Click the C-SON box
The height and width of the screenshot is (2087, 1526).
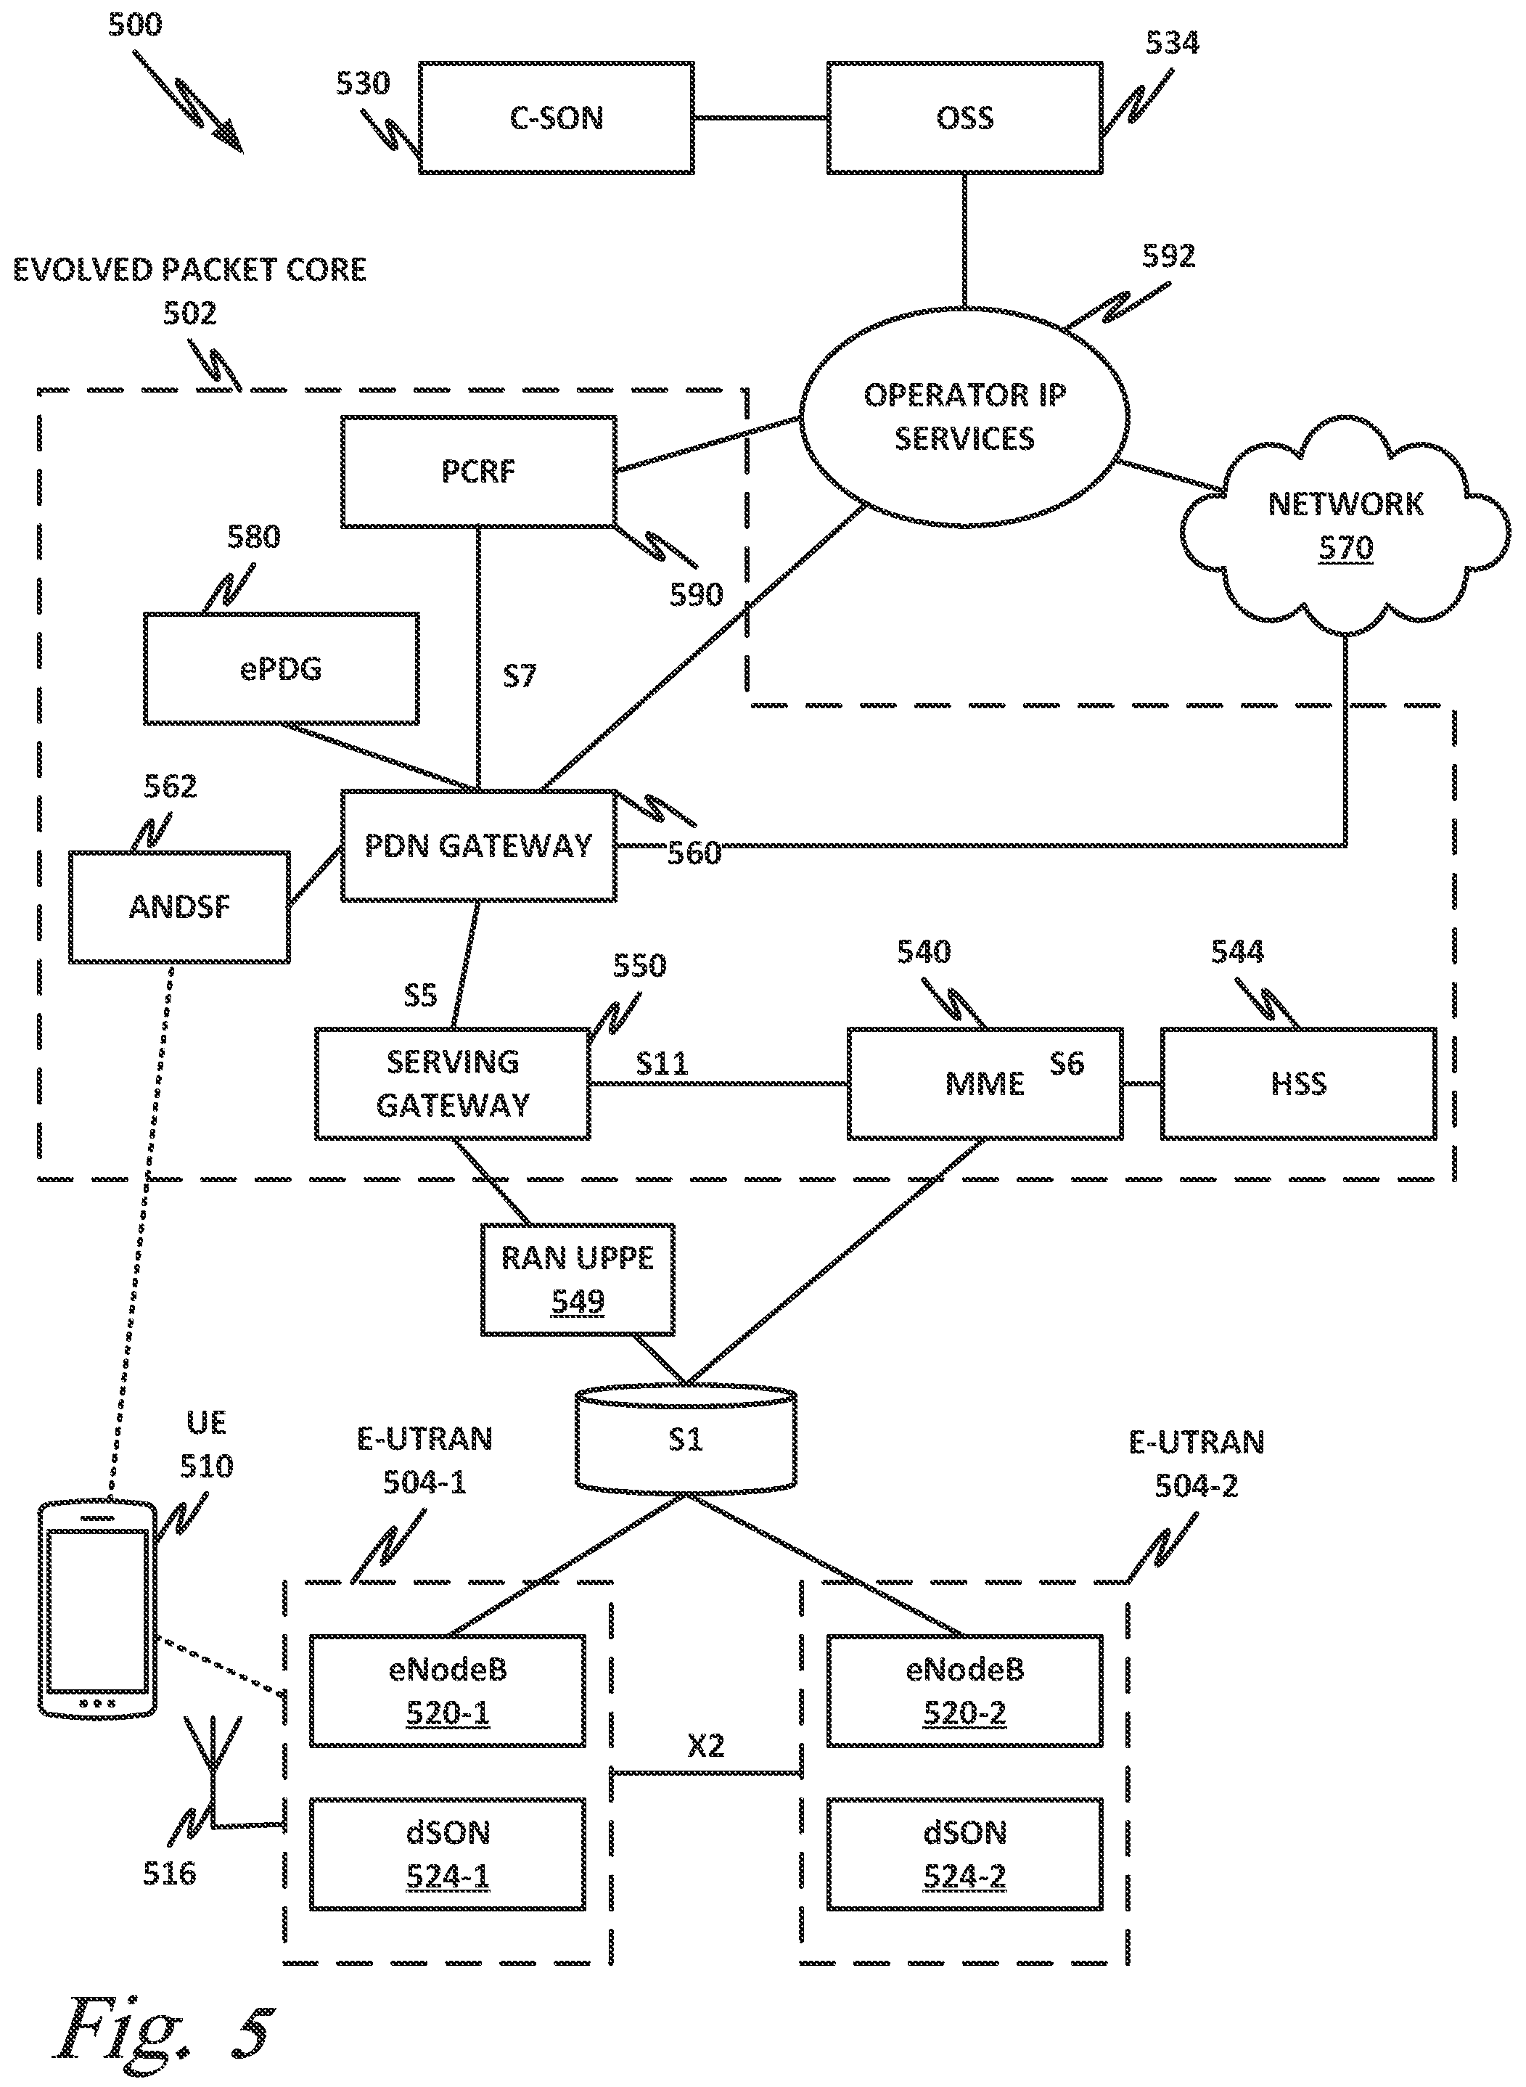tap(556, 118)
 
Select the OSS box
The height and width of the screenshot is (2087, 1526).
tap(964, 118)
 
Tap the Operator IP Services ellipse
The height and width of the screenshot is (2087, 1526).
tap(964, 417)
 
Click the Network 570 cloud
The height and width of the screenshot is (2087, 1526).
tap(1345, 527)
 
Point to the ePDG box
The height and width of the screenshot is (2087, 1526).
tap(281, 668)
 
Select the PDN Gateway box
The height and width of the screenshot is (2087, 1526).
tap(478, 845)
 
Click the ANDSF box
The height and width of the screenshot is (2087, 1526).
tap(179, 906)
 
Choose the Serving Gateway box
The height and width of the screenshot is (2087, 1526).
tap(453, 1083)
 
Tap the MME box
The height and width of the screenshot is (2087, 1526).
tap(985, 1083)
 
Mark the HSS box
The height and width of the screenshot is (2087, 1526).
tap(1298, 1083)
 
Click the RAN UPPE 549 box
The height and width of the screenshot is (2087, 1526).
tap(578, 1279)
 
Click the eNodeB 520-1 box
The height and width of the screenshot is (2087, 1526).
tap(447, 1691)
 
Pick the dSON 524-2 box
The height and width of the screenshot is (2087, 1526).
tap(964, 1853)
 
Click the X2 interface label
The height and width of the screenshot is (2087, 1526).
tap(706, 1745)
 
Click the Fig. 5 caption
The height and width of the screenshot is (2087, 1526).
tap(166, 2033)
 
